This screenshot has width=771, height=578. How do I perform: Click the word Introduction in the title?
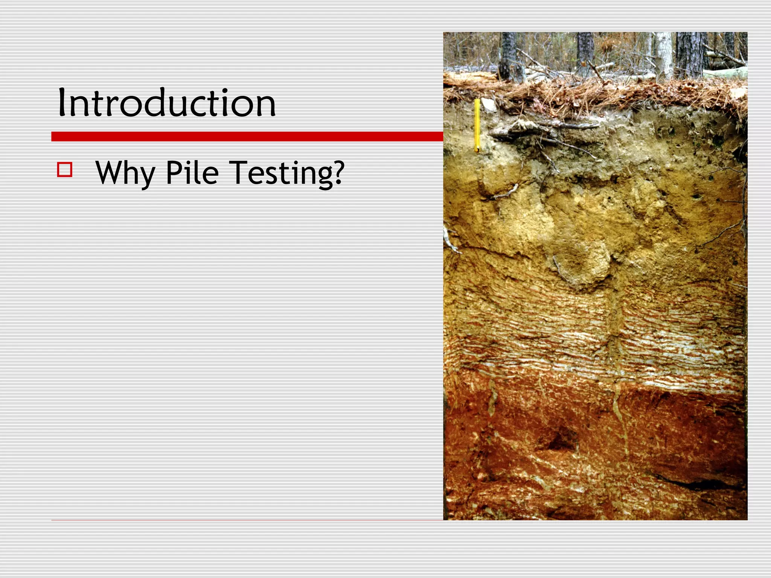pyautogui.click(x=167, y=102)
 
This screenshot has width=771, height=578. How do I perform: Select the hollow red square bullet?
pyautogui.click(x=65, y=169)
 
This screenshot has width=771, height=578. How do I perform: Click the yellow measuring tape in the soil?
pyautogui.click(x=477, y=124)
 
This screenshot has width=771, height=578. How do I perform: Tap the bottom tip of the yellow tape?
pyautogui.click(x=477, y=151)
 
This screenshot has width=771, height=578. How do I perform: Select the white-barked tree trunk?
pyautogui.click(x=664, y=55)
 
